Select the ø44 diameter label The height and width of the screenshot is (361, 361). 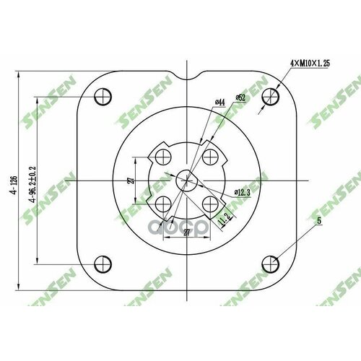(x=219, y=103)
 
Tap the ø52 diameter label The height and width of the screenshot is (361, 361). (x=240, y=97)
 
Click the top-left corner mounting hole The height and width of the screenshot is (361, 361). (x=103, y=95)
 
